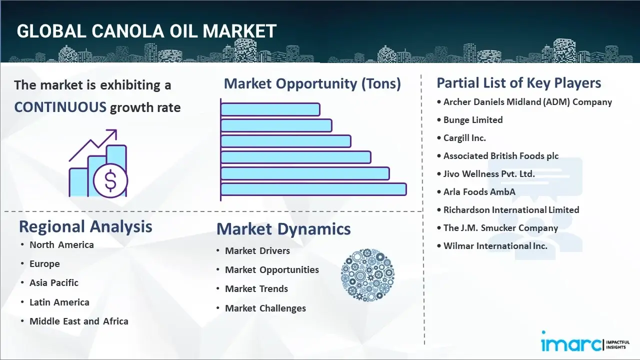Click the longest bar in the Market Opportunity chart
[313, 189]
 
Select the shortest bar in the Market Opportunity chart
[270, 109]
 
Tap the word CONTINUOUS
[60, 107]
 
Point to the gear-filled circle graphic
[367, 275]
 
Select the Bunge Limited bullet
[473, 120]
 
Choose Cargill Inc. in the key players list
[464, 138]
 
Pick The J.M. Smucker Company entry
[500, 228]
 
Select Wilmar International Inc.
[495, 246]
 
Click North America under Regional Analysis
[61, 245]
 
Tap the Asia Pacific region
[54, 283]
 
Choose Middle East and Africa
[79, 321]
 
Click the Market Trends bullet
[256, 289]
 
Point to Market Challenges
[265, 308]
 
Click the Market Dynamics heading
[283, 229]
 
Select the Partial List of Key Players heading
[519, 83]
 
